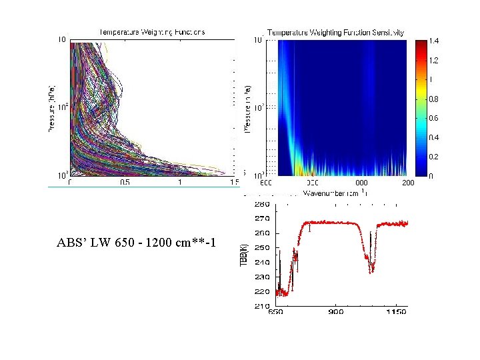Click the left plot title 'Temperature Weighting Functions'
point(152,31)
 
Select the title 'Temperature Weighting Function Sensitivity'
point(336,33)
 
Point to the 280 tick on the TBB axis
point(261,204)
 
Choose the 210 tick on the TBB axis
point(261,306)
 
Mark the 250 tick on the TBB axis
point(261,248)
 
